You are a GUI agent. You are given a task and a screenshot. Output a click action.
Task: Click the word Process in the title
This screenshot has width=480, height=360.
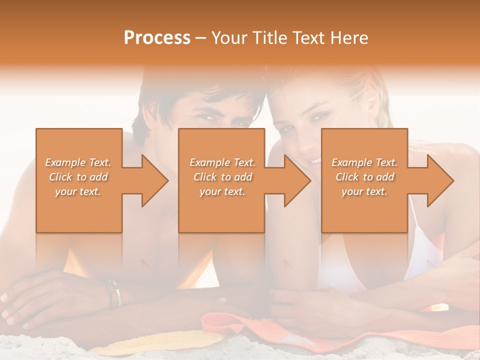[x=157, y=38]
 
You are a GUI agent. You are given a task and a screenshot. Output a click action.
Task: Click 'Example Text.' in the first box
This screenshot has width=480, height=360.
[x=78, y=162]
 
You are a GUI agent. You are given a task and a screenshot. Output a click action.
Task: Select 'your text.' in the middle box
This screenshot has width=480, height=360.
[x=222, y=191]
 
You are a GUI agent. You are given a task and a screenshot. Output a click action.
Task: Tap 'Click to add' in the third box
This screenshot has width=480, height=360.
[x=364, y=177]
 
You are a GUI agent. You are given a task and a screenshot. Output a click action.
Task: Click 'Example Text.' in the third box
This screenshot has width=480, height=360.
[x=364, y=162]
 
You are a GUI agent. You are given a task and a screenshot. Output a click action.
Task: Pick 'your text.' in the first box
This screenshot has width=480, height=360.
[x=78, y=191]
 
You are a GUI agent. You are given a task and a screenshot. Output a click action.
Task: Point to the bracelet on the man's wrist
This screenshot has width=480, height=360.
[x=114, y=292]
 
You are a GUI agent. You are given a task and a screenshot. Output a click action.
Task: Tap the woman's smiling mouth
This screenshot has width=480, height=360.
[x=314, y=159]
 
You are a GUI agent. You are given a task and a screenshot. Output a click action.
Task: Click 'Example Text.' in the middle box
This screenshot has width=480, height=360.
[x=222, y=162]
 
